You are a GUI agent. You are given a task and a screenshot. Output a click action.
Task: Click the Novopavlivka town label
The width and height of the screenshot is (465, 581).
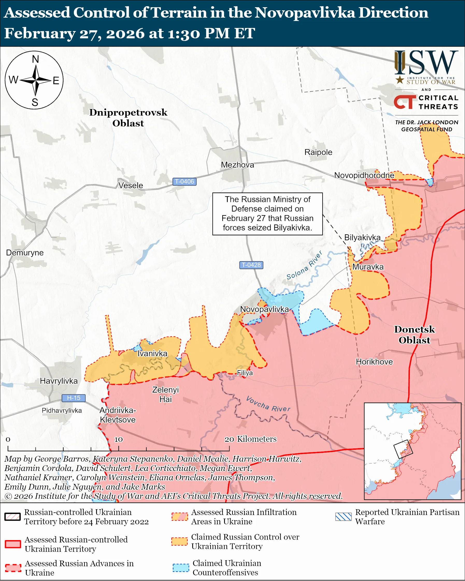point(264,309)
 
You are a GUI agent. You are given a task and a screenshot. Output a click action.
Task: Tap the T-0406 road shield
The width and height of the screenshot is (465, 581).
point(184,182)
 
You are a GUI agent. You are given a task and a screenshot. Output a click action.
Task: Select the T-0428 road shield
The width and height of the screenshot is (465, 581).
point(251,265)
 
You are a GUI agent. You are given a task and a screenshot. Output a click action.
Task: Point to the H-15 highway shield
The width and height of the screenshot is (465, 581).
point(74,398)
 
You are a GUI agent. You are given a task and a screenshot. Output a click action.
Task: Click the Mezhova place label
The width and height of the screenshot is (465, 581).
point(238,165)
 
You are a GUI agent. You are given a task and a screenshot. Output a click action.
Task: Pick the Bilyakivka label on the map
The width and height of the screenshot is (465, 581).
point(362,237)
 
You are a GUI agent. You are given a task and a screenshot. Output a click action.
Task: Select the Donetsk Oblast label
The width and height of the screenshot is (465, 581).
point(414,335)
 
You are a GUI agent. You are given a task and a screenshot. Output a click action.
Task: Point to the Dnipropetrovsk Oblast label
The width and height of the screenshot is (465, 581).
point(128,118)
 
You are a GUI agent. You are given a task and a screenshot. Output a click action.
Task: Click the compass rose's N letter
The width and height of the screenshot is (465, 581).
point(35,59)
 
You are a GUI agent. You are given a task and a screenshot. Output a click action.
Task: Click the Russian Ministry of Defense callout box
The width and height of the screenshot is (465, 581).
point(267,214)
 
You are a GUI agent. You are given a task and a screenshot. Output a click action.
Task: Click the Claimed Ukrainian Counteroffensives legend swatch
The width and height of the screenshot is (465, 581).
point(181,568)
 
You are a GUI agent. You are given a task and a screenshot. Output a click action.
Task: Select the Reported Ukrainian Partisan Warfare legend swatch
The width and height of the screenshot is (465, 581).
point(344,517)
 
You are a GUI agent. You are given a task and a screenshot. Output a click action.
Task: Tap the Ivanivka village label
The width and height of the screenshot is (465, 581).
point(152,354)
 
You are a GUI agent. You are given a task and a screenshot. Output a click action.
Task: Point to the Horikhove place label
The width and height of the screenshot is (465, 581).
point(374,362)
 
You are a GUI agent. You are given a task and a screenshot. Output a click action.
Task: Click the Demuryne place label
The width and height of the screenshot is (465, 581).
point(25,252)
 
